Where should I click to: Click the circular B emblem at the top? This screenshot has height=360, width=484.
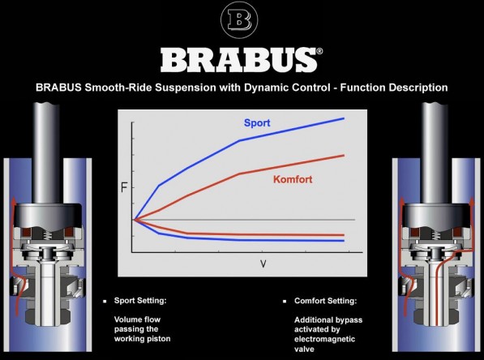click(x=239, y=19)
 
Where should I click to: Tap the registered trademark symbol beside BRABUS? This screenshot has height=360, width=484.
click(x=319, y=51)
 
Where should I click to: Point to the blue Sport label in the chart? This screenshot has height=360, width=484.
click(x=257, y=123)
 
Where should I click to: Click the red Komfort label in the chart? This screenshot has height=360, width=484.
click(x=293, y=179)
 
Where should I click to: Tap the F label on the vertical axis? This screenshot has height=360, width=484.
click(x=124, y=187)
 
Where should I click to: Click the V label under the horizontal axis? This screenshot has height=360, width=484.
click(x=263, y=264)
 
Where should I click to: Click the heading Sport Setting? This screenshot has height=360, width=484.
click(x=140, y=301)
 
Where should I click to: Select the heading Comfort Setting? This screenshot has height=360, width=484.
click(x=325, y=301)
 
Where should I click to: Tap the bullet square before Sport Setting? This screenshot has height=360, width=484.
click(x=105, y=301)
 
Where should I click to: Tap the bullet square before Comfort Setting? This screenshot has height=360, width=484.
click(x=285, y=301)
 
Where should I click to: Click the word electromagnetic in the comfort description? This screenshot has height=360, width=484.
click(x=324, y=339)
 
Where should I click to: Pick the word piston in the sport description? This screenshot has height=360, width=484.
click(x=158, y=339)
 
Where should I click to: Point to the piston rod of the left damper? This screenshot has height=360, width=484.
click(x=46, y=152)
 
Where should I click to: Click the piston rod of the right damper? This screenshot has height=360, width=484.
click(x=435, y=152)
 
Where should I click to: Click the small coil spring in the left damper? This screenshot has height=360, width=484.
click(x=47, y=235)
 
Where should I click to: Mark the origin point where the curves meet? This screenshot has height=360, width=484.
click(x=133, y=220)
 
